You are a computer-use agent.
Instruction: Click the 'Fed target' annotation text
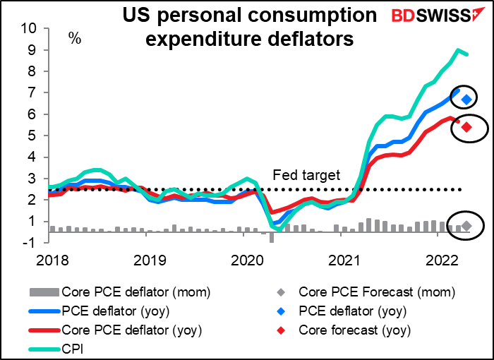[307, 175]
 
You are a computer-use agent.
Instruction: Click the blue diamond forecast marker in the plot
[466, 99]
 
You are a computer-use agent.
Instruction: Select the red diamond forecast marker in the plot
[466, 127]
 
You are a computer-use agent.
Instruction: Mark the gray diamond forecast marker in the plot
[466, 226]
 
